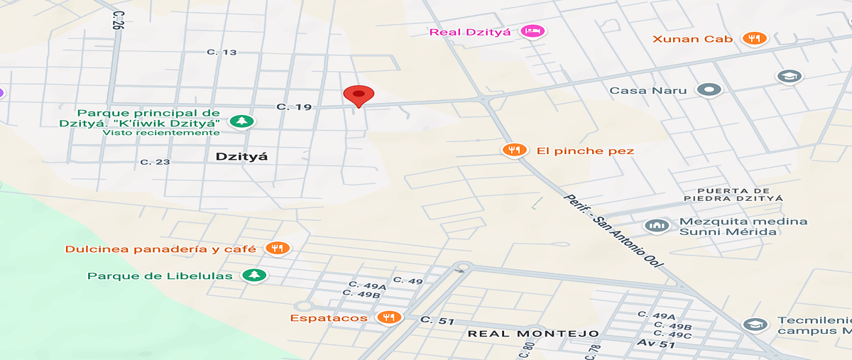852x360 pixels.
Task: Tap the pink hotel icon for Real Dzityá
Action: pos(532,31)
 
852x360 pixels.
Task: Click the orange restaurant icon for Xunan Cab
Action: pos(754,38)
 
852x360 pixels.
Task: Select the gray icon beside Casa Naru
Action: pos(709,90)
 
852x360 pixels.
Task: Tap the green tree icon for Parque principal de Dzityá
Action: pos(243,121)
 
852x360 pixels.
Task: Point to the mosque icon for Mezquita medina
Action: pos(657,226)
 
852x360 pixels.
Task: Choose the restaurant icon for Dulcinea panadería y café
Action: pos(276,249)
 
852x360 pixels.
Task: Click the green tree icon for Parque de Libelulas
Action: pos(253,276)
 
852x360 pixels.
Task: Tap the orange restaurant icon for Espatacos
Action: pos(388,317)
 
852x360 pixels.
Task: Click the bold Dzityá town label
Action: pos(241,156)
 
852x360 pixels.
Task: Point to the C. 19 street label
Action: pos(294,107)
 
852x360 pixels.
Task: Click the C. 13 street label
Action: pos(222,52)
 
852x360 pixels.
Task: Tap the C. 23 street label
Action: pos(155,162)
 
